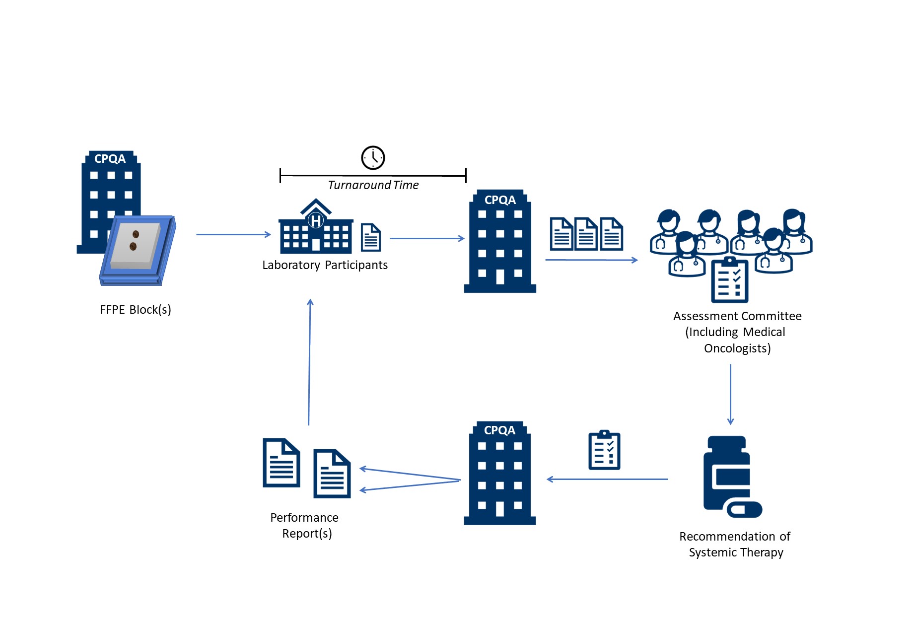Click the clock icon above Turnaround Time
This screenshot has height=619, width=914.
[x=373, y=158]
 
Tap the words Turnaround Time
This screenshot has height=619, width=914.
[x=373, y=185]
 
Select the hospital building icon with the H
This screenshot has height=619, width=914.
[x=316, y=227]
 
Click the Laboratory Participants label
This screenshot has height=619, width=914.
[x=325, y=265]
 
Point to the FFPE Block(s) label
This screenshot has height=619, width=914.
[x=136, y=310]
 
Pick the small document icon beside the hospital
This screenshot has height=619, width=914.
[x=371, y=237]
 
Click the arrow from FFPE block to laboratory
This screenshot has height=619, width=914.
[x=233, y=234]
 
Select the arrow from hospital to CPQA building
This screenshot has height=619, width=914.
[x=427, y=239]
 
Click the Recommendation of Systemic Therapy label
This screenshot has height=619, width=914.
[x=735, y=545]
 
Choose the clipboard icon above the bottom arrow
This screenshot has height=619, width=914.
[x=604, y=450]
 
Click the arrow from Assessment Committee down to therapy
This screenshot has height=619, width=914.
[x=730, y=394]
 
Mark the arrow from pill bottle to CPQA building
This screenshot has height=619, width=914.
[x=607, y=480]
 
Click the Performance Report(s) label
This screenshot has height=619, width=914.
[x=305, y=525]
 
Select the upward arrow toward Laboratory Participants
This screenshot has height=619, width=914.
[x=309, y=362]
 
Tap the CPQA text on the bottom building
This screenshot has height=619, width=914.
[x=499, y=430]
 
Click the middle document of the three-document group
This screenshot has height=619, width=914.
[x=586, y=234]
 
